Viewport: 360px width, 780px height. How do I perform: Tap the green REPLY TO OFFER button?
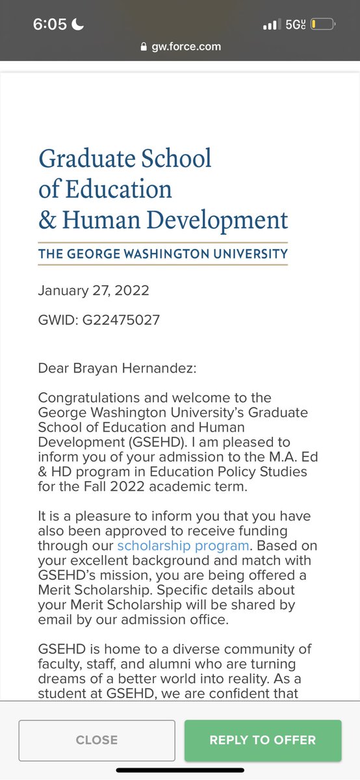coord(263,740)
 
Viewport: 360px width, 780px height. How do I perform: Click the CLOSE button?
coord(97,740)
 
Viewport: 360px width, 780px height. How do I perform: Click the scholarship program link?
coord(183,545)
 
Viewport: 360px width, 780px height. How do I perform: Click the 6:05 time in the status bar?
coord(49,25)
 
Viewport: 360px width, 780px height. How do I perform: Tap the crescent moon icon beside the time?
coord(78,25)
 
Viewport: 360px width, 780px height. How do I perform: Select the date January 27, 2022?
coord(93,290)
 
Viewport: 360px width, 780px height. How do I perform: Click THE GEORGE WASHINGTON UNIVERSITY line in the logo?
coord(162,253)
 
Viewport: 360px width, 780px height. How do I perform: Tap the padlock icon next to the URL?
coord(144,47)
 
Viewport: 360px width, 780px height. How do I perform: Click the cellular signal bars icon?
coord(270,25)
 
